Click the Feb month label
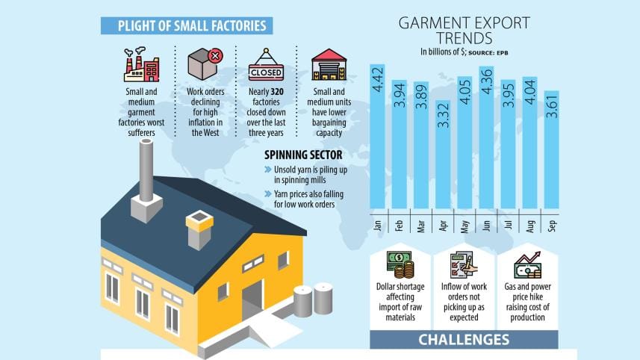400,225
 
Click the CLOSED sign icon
266,66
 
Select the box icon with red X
205,64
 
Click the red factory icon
142,65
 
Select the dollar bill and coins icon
400,265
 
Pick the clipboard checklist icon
463,265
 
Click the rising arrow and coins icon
527,265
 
